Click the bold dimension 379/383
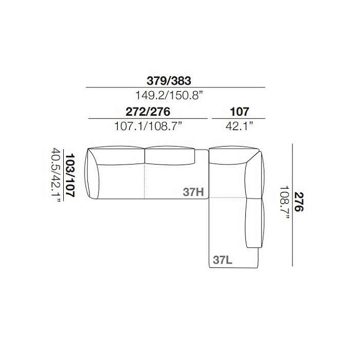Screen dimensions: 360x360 pyautogui.click(x=169, y=81)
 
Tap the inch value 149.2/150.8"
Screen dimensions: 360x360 pyautogui.click(x=169, y=95)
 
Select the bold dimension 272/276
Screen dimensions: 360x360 pyautogui.click(x=148, y=112)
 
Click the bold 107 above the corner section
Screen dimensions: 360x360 pyautogui.click(x=239, y=112)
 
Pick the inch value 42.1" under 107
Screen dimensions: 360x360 pyautogui.click(x=239, y=126)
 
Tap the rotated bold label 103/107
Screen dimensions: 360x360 pyautogui.click(x=70, y=176)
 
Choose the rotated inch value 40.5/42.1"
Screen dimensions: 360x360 pyautogui.click(x=56, y=176)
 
